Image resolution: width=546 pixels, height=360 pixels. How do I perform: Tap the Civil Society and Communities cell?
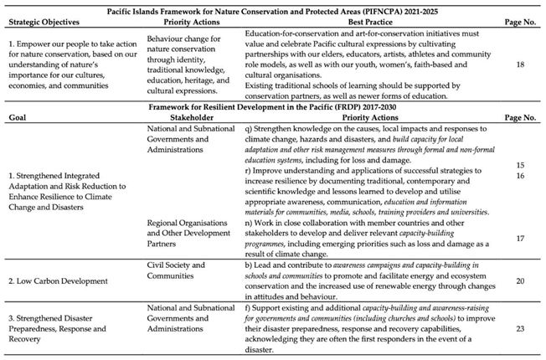click(x=179, y=270)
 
